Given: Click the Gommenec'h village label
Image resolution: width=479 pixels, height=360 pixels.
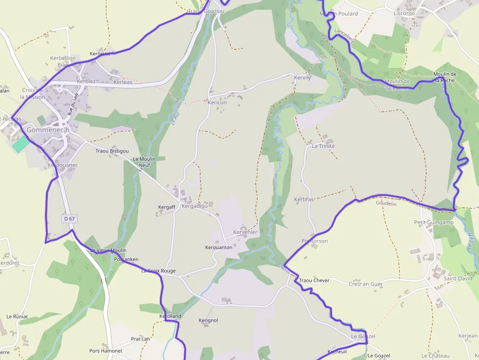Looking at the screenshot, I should [48, 130].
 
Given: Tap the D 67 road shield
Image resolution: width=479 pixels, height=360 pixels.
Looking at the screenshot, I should [69, 219].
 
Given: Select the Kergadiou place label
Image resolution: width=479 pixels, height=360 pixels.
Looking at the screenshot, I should [195, 206].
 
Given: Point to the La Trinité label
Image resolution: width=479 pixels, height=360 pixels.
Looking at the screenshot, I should [323, 146].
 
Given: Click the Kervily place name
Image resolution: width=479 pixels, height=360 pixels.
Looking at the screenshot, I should [303, 78].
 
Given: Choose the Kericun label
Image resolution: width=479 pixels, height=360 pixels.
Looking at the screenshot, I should [217, 103].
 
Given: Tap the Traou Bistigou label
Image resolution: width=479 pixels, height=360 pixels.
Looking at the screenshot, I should [112, 151].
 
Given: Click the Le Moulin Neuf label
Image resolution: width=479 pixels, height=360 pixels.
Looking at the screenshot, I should [144, 162].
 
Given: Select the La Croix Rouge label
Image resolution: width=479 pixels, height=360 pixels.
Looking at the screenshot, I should [158, 271].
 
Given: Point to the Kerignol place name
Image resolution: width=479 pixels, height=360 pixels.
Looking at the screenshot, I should [208, 320].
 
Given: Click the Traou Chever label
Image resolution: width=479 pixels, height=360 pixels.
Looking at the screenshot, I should [314, 280].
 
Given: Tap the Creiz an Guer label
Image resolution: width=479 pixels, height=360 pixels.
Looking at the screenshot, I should [366, 284].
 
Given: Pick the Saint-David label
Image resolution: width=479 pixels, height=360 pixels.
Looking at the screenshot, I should [458, 278].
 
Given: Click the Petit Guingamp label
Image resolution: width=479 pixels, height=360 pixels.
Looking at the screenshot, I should [434, 222].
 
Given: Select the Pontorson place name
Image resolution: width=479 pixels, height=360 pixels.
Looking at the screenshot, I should [315, 241].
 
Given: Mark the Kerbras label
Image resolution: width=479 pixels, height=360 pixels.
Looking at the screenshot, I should [304, 199].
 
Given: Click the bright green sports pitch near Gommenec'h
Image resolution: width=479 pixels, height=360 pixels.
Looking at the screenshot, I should [21, 144].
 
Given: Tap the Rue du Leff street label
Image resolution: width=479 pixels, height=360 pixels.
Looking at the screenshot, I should [73, 104].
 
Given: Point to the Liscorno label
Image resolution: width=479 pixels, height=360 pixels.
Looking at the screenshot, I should [404, 13].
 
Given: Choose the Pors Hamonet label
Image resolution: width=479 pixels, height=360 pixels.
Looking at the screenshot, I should [106, 351].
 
